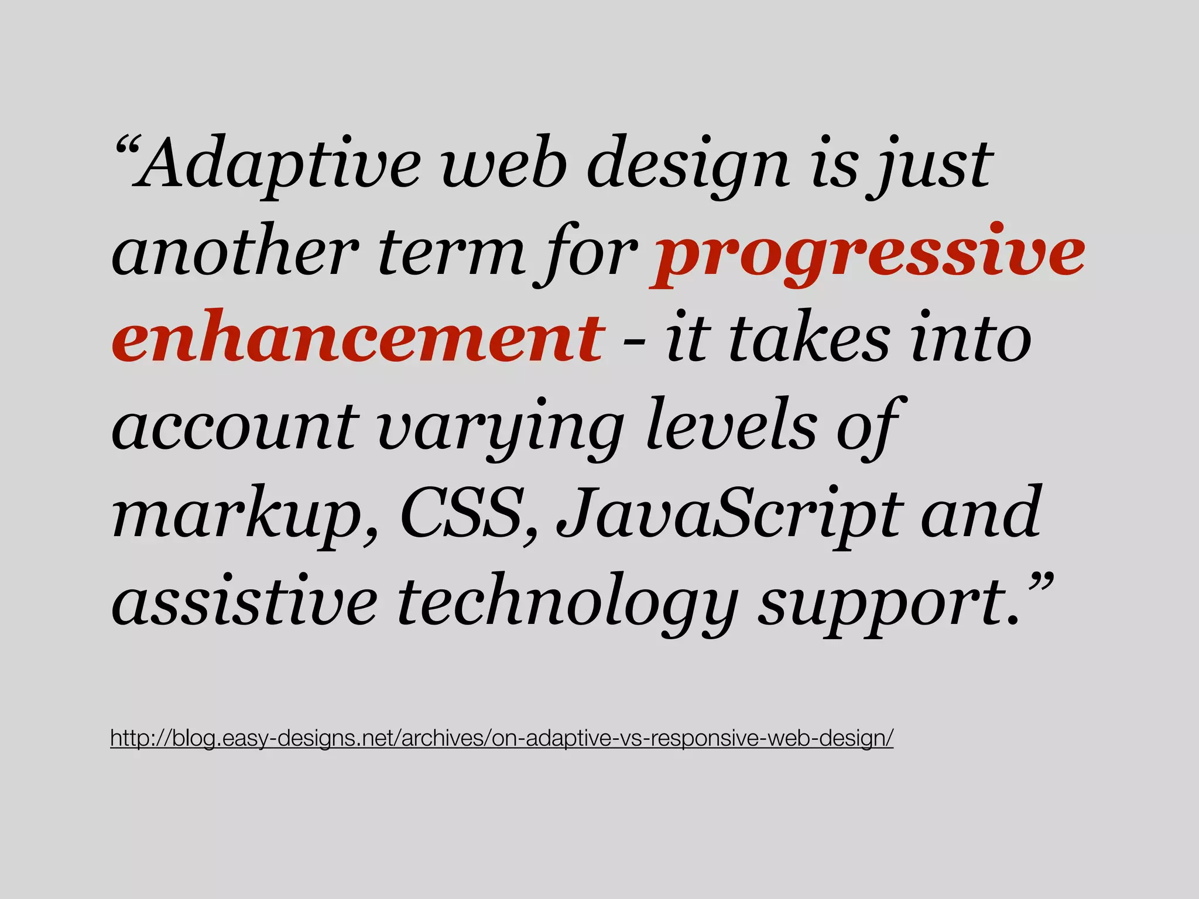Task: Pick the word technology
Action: (566, 603)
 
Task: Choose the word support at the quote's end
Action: (888, 603)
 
